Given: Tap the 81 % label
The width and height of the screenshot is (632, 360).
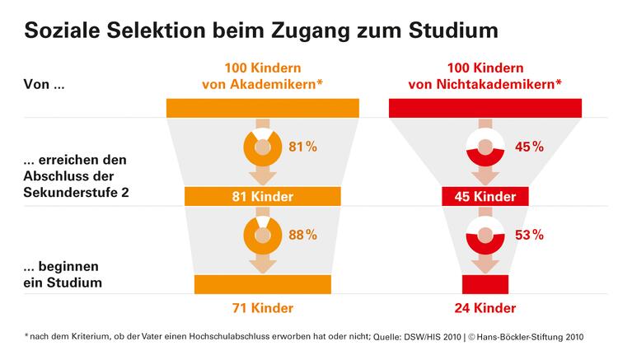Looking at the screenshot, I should point(302,147).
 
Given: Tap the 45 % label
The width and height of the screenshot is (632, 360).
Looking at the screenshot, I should point(529,147).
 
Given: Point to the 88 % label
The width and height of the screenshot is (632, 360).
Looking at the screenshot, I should point(302,235).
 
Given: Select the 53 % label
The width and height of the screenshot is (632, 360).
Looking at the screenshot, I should point(529,235).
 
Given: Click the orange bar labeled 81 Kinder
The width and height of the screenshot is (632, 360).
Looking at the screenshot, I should point(262,197).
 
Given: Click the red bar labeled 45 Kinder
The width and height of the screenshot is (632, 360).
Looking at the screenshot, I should point(485,197).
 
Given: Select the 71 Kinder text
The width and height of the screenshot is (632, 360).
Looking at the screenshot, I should point(262,308).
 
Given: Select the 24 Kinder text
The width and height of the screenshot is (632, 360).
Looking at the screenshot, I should point(485,308).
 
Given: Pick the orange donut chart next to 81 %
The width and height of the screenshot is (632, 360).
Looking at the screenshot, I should point(262,147).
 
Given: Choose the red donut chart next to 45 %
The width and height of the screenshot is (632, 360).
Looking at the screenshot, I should point(485,147).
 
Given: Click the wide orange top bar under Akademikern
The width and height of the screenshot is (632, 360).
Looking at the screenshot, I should point(262,107).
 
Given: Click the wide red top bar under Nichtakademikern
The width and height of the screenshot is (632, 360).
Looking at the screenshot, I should point(485,107).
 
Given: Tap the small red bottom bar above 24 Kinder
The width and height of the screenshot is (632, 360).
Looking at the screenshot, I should point(485,283).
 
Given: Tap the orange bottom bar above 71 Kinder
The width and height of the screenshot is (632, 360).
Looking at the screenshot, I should point(262,283).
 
